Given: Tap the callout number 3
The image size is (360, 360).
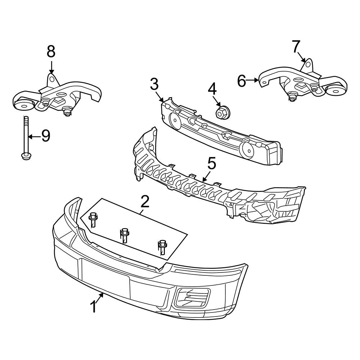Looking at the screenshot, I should (154, 85).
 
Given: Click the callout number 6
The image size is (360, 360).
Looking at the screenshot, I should (242, 81).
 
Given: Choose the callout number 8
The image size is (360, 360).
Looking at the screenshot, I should (51, 51).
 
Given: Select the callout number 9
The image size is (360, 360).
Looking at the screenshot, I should (45, 136).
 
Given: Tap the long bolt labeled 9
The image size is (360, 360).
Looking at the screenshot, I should (26, 139).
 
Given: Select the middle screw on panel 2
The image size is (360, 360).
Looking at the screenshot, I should (125, 234).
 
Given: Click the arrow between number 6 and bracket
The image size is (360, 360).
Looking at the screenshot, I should (253, 81).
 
